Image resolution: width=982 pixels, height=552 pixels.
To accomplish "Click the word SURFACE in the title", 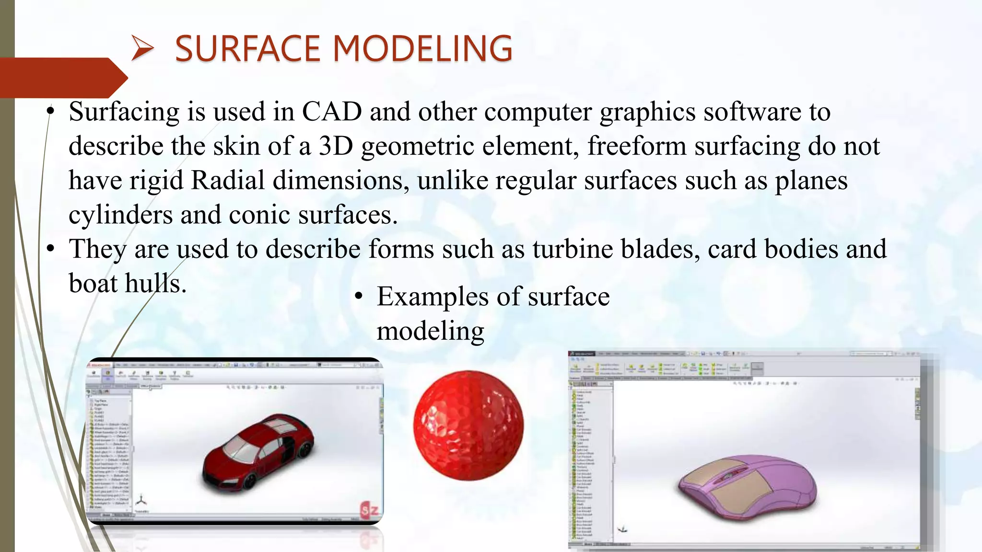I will (247, 49).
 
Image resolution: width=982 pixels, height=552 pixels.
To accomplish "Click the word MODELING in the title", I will (422, 49).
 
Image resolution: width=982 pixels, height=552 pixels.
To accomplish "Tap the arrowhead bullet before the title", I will (142, 49).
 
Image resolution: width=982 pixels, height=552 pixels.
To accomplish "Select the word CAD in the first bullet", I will (331, 112).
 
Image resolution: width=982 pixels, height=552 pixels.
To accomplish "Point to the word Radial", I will (228, 181).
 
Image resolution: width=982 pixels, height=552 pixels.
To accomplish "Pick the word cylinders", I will (120, 215).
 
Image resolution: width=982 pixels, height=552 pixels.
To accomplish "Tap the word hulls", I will (155, 284).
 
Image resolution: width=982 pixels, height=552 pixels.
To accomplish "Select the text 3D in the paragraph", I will (336, 146).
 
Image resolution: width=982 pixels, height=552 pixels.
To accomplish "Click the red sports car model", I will (259, 453).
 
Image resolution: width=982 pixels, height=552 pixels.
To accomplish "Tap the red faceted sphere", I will (468, 425).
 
